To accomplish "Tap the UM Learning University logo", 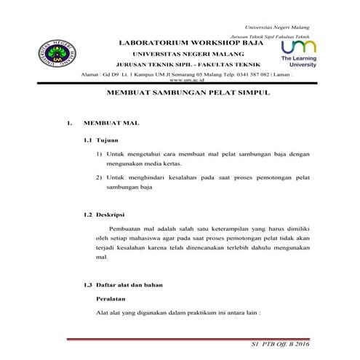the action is [298, 53].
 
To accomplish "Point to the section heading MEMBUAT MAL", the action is [110, 124].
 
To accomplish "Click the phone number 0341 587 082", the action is [251, 74].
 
